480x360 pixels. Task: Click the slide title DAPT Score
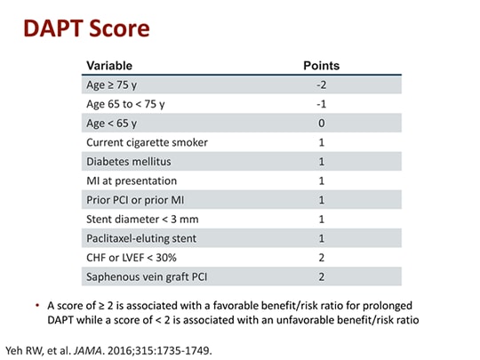(x=86, y=28)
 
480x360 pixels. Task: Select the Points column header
(x=321, y=66)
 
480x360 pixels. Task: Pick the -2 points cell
(x=321, y=85)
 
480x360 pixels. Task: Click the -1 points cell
(x=321, y=104)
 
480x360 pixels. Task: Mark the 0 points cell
(x=321, y=124)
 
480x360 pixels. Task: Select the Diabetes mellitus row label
(x=128, y=162)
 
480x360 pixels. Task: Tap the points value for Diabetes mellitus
(x=321, y=162)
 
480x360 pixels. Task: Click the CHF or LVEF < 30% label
(x=132, y=258)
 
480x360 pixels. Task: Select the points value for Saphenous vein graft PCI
(x=321, y=276)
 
